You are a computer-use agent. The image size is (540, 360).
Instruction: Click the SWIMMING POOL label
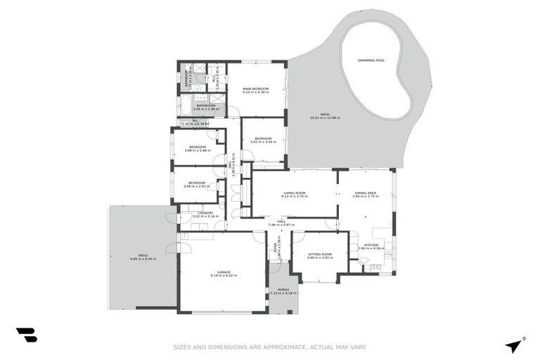coord(371,60)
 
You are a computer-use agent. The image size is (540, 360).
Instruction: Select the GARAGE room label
coord(224,271)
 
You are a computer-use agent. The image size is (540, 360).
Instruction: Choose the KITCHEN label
coord(371,245)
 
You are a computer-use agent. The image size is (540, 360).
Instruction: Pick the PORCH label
coord(283,289)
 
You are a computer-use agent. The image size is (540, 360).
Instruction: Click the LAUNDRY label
coord(205,212)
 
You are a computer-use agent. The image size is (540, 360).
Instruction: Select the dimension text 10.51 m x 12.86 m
coord(325,117)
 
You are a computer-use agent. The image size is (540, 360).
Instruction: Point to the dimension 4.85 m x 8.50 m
coord(143,259)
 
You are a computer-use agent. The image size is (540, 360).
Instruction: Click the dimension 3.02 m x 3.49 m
coord(264,142)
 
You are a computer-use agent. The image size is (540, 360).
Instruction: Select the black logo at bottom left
coord(26,335)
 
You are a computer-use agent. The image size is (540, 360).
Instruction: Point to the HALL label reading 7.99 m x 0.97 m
coord(281,221)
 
